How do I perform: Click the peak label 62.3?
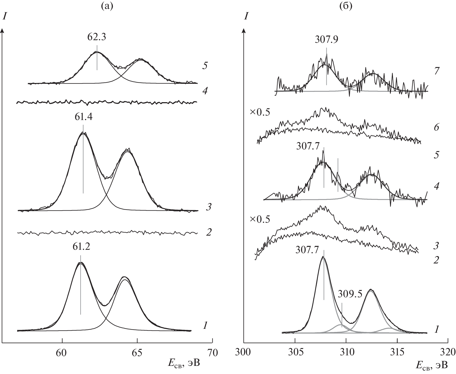coord(97,38)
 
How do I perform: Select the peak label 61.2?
coord(81,247)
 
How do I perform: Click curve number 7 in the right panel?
coord(437,71)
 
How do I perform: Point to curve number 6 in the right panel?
coord(437,128)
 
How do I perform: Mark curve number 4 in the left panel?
coord(205,91)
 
